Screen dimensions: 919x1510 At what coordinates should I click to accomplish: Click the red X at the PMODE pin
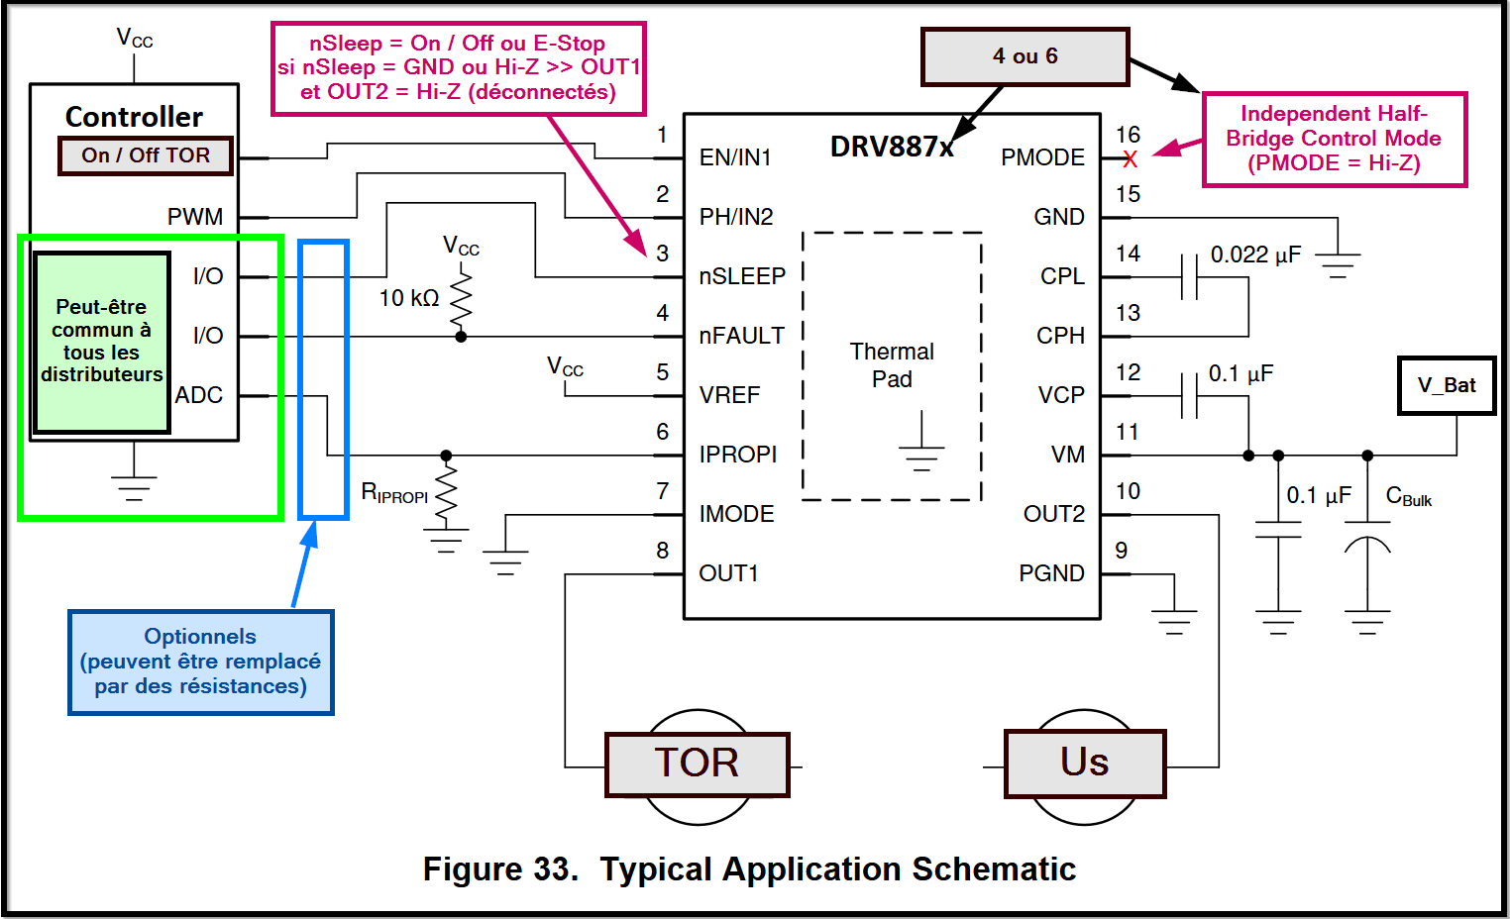(1131, 158)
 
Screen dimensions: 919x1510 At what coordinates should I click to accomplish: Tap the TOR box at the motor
(697, 764)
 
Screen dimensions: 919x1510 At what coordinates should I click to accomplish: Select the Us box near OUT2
(1085, 763)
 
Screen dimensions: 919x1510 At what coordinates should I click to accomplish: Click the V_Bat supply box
(1447, 385)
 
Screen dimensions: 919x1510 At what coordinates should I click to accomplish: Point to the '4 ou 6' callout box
(1025, 56)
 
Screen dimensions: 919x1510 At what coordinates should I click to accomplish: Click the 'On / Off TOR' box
(146, 155)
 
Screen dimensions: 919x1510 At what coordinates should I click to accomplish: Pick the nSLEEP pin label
(742, 276)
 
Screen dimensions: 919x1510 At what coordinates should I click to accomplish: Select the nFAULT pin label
(741, 336)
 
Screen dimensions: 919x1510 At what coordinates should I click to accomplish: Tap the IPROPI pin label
(738, 455)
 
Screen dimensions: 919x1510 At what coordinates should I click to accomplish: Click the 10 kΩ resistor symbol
(461, 298)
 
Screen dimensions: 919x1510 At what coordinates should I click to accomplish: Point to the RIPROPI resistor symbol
(446, 492)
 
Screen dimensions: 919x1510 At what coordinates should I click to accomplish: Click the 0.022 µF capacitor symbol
(1189, 276)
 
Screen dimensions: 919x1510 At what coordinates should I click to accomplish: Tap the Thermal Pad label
(892, 365)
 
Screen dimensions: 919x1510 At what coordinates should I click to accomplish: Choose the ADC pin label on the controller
(199, 395)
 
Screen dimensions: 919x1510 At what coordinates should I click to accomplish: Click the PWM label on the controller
(195, 217)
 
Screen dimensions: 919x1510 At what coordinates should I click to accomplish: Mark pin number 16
(1128, 135)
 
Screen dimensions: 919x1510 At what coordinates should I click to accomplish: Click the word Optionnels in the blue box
(200, 637)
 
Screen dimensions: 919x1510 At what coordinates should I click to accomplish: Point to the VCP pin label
(1061, 395)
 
